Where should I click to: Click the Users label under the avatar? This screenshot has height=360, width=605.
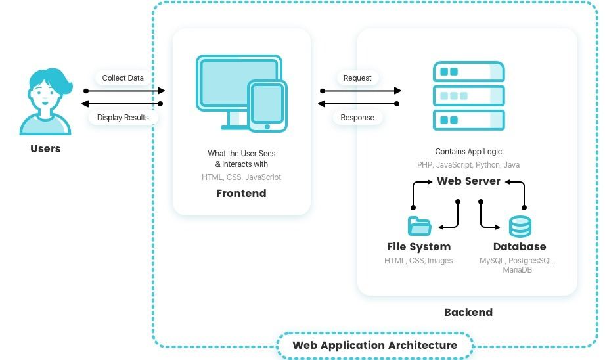point(45,149)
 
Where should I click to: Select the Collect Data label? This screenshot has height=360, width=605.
point(123,78)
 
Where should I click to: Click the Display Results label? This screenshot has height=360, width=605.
point(123,118)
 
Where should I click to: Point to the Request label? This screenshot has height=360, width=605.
point(357,78)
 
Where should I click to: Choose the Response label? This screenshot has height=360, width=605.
point(357,118)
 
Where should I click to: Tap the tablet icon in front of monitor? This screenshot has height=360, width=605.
point(267,105)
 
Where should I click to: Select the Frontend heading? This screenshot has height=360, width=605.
point(241,194)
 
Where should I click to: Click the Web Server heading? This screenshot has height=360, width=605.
point(468,181)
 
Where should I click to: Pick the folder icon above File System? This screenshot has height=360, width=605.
point(419,226)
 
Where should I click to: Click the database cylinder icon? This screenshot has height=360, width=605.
point(520,226)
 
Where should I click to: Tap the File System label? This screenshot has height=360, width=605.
point(418,247)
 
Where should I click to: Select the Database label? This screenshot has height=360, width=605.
point(519,247)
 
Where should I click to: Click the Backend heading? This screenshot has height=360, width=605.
point(468,313)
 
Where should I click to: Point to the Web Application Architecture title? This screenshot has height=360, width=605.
point(374,346)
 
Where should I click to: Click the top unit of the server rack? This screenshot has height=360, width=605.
point(468,72)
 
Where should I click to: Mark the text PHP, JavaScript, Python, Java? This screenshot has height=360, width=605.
point(468,165)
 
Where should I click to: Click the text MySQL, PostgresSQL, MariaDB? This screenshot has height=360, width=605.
point(517,265)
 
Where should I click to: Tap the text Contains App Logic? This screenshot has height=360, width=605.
point(468,152)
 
